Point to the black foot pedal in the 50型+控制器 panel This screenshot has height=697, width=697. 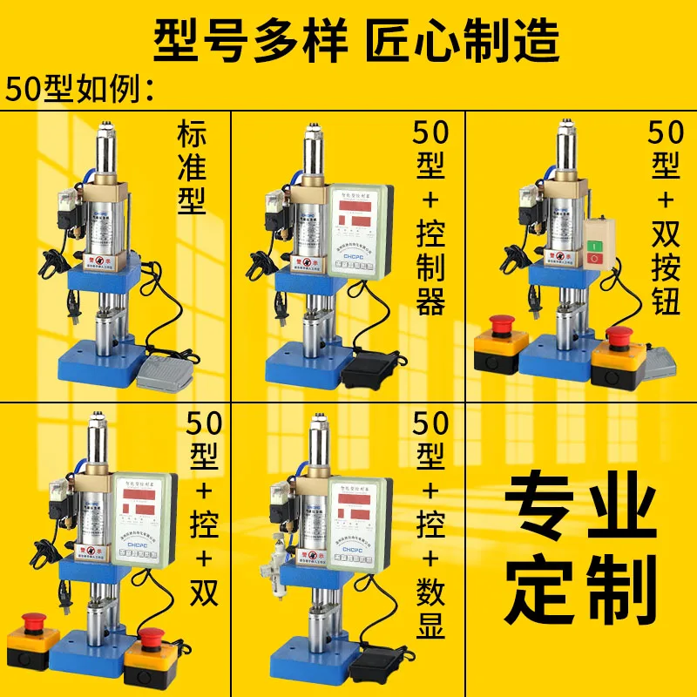tap(369, 368)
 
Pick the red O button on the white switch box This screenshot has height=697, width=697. tap(595, 260)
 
